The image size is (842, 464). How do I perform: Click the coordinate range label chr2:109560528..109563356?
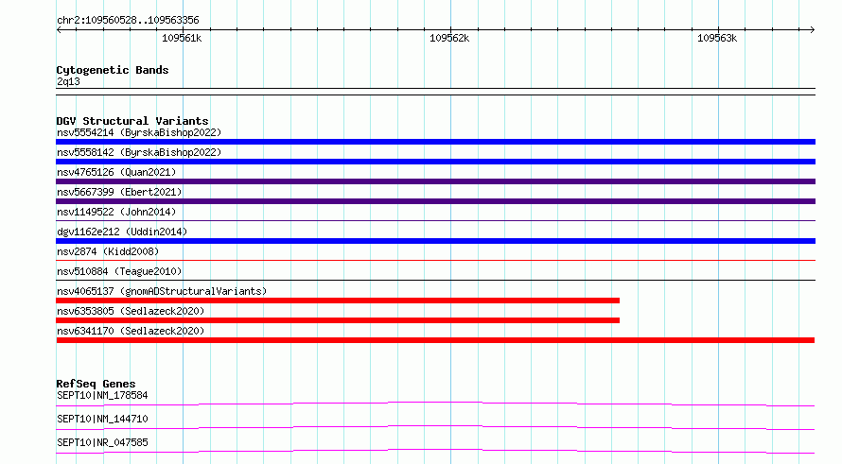[x=128, y=21]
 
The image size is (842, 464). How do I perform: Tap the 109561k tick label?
[x=182, y=38]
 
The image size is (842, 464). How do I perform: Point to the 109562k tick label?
[x=449, y=38]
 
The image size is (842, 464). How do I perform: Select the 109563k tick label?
[x=717, y=38]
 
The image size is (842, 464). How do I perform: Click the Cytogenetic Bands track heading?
[x=113, y=70]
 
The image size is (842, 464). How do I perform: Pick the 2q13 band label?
[x=68, y=81]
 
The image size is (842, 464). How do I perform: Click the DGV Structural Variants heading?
[x=132, y=121]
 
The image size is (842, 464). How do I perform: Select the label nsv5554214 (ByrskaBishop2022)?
[x=139, y=132]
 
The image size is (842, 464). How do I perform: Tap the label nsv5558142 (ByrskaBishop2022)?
[x=139, y=152]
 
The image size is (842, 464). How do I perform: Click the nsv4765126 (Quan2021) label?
[x=116, y=172]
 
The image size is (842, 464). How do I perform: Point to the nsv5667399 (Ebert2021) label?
[x=119, y=192]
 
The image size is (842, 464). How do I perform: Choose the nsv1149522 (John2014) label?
[x=116, y=212]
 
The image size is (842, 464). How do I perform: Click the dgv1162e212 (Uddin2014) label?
[x=122, y=232]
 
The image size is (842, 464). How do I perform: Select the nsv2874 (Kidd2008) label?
[x=108, y=251]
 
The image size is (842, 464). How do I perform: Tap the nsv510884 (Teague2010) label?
[x=119, y=271]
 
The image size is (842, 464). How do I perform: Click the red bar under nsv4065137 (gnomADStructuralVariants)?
[x=338, y=301]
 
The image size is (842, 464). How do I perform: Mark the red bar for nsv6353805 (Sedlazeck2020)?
[x=338, y=320]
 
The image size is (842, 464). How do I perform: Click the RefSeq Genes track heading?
[x=96, y=384]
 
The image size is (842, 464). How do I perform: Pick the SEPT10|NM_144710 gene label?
[x=102, y=419]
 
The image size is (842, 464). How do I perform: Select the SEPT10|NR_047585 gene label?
[x=102, y=442]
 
